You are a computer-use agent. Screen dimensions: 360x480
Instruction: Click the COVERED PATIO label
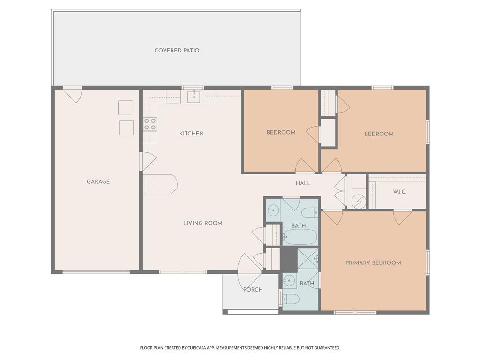click(x=177, y=50)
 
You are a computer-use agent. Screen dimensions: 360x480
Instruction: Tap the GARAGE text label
click(x=98, y=181)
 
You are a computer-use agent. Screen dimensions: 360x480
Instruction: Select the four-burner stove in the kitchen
click(x=150, y=124)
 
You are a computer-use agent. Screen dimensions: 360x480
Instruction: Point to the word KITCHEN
click(x=191, y=134)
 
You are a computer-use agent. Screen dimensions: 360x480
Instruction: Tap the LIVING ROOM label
click(x=202, y=223)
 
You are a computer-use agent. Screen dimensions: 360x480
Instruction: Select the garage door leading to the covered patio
click(x=73, y=95)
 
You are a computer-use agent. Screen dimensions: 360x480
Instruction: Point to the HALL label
click(x=303, y=183)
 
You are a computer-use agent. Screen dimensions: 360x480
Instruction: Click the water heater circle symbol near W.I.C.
click(x=359, y=202)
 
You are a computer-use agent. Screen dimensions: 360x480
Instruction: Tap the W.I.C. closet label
click(x=399, y=192)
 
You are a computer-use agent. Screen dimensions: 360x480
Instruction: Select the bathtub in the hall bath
click(x=300, y=237)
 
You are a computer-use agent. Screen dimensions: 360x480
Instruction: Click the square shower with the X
click(x=308, y=258)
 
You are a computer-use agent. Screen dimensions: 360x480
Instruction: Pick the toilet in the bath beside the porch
click(x=291, y=299)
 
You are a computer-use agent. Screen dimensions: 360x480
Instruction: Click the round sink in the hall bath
click(x=273, y=210)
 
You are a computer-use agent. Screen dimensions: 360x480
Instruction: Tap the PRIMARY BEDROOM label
click(x=373, y=263)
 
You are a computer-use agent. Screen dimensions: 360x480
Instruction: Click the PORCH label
click(x=253, y=290)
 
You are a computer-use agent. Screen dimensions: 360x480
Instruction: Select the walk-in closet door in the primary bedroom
click(x=402, y=216)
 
